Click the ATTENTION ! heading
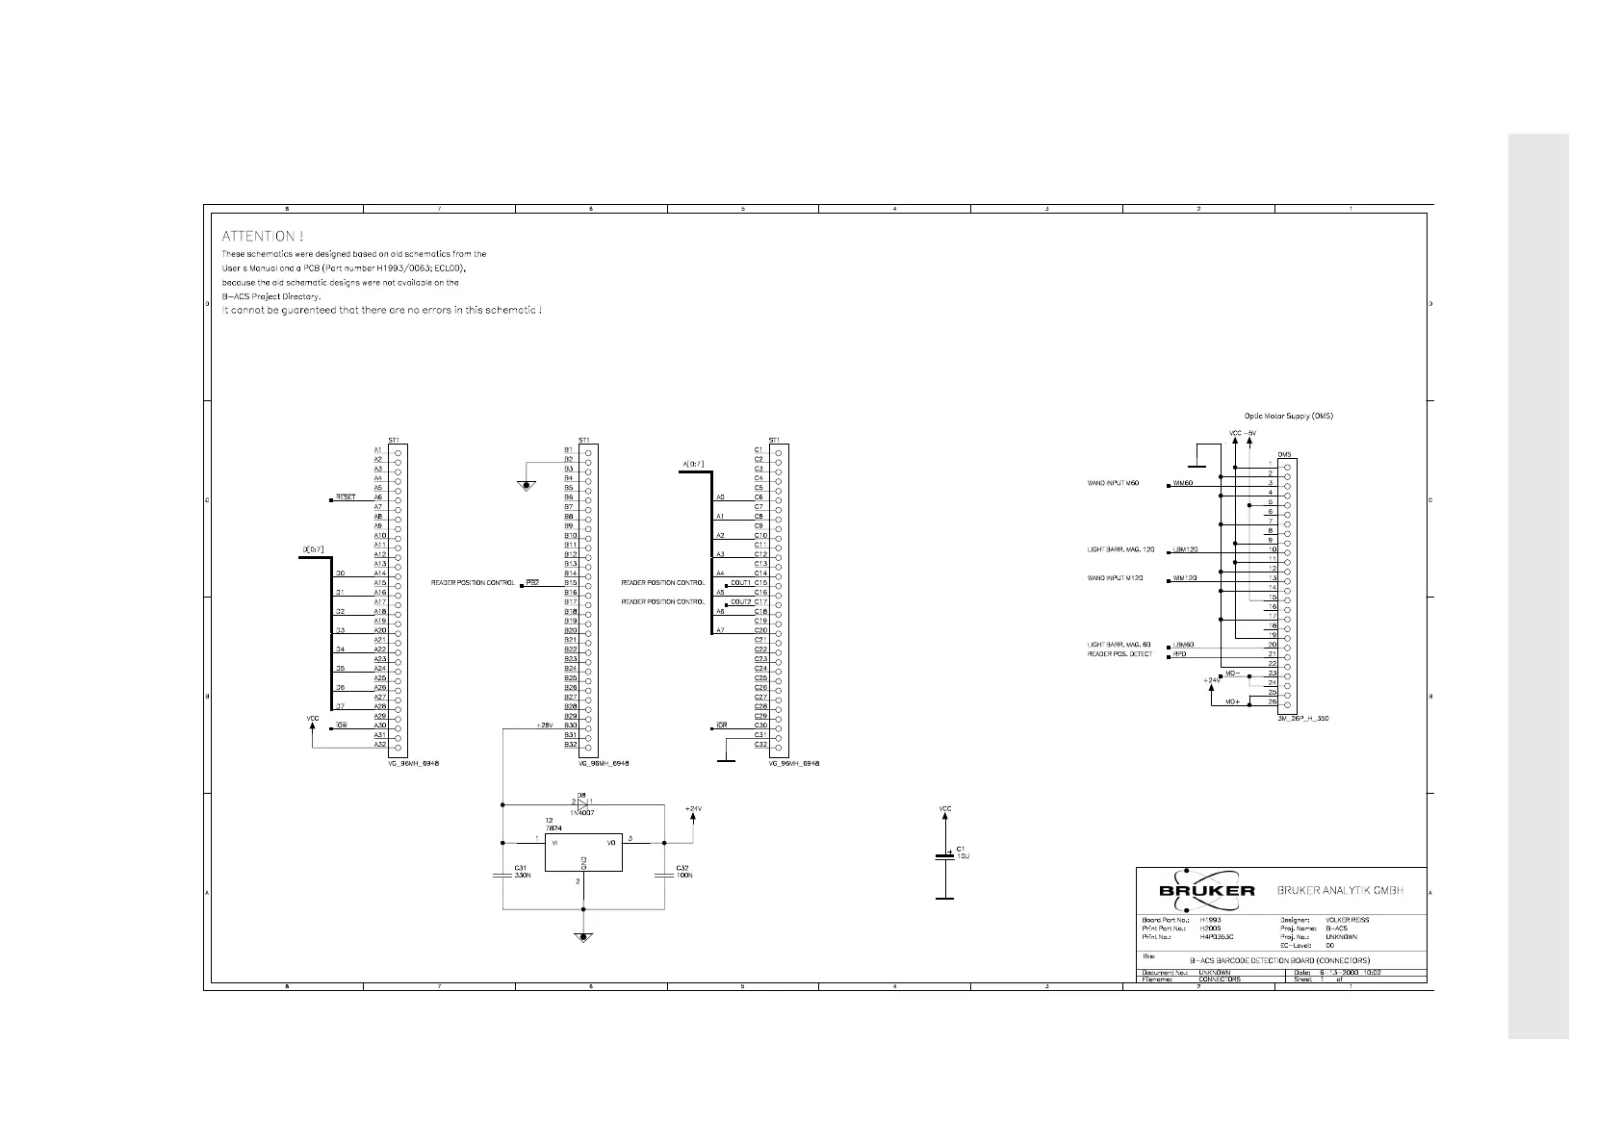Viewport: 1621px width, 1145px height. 263,236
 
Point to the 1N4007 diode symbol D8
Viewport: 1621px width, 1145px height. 581,802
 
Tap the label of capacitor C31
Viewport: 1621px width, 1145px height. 521,868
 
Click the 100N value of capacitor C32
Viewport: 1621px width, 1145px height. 684,876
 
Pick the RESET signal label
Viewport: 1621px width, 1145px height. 346,497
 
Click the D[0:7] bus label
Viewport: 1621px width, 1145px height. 314,550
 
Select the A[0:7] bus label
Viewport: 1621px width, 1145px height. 693,465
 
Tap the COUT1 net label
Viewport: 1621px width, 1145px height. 740,583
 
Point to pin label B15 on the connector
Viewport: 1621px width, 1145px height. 570,583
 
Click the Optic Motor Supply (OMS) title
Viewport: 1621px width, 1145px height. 1288,416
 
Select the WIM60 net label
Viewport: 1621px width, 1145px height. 1183,483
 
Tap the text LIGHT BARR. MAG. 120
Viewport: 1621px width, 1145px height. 1120,549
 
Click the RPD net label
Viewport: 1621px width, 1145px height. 1179,654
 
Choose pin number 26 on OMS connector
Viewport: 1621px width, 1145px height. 1272,702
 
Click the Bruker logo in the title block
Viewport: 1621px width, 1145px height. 1206,890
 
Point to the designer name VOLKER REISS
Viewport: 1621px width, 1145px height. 1347,920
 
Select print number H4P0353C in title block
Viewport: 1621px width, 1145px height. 1216,936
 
